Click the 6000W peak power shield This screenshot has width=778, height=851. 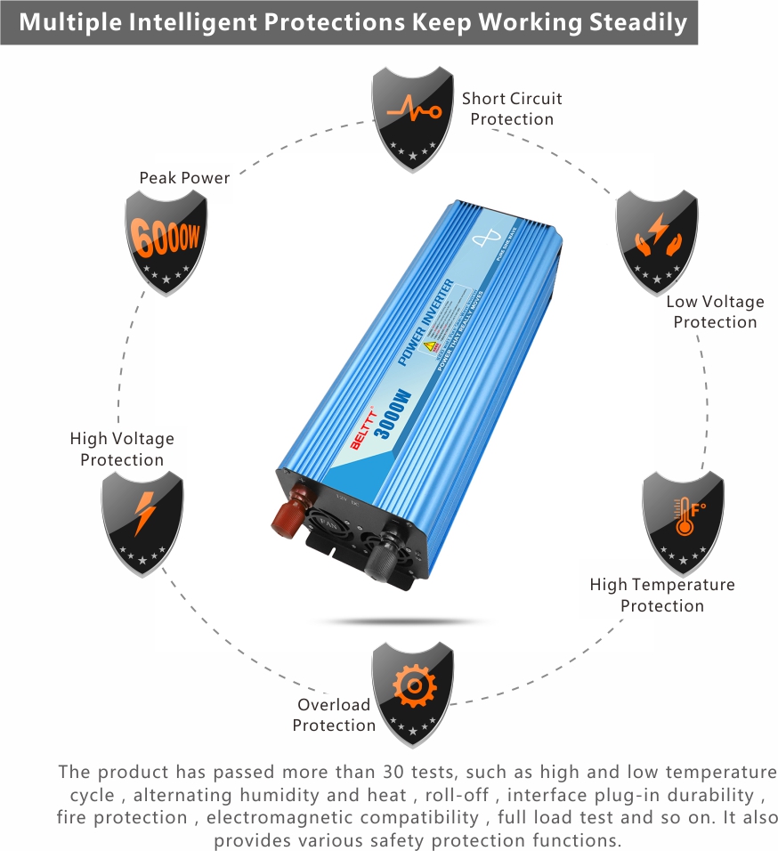[166, 239]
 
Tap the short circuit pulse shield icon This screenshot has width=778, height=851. [411, 117]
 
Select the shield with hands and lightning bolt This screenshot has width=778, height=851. [657, 239]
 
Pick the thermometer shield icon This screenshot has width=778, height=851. [683, 520]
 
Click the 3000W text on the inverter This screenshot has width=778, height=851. [394, 409]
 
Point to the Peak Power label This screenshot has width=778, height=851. [184, 178]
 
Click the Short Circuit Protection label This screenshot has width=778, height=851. [512, 109]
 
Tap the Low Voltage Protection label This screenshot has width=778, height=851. [715, 312]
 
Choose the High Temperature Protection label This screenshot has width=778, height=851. [662, 595]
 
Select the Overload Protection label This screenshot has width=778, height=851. [334, 715]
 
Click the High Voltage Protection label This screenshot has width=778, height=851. [122, 449]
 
